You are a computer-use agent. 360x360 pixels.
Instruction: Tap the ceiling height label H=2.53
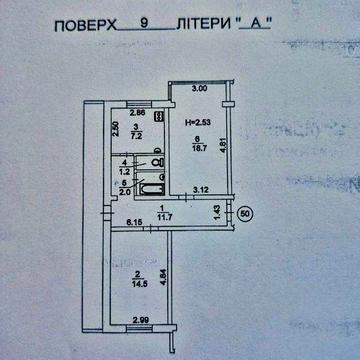[x=197, y=122]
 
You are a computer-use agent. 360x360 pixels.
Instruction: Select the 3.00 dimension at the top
[x=199, y=89]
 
